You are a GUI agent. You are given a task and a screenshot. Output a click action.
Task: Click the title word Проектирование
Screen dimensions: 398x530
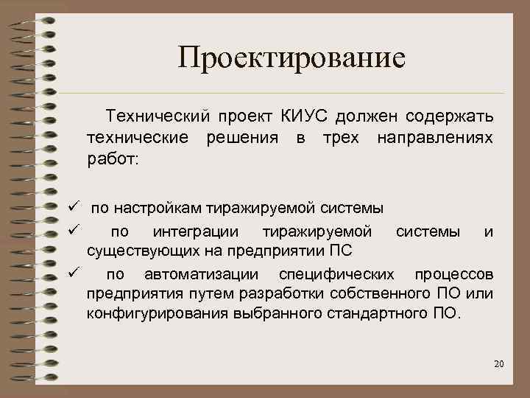click(x=291, y=57)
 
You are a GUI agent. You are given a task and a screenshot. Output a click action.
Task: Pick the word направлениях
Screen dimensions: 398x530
click(x=435, y=137)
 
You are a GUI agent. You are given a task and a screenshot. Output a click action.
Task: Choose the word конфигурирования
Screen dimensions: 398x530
click(x=151, y=316)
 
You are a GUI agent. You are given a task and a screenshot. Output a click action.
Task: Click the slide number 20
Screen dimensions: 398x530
click(x=498, y=364)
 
